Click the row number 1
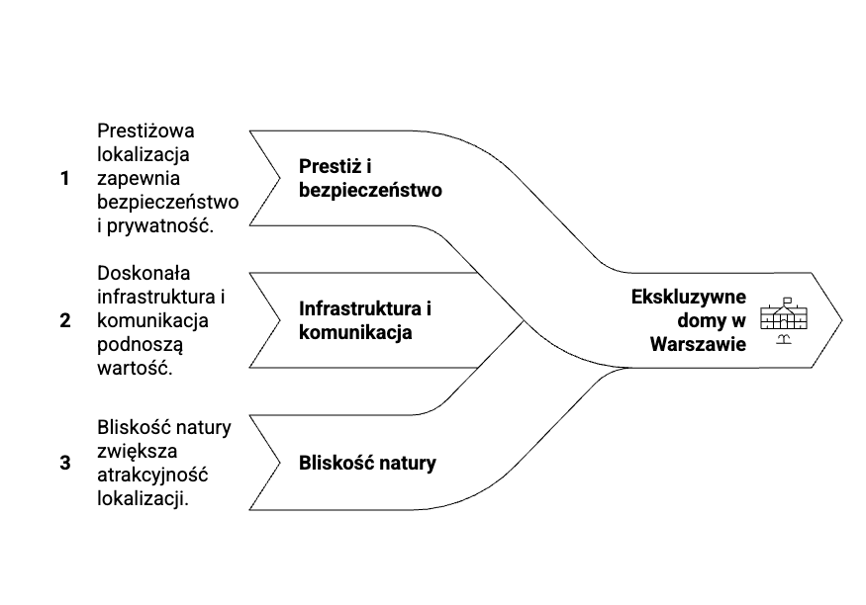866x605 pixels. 65,179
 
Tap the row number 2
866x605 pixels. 65,320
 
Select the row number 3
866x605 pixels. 65,462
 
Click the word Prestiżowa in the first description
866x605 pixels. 146,131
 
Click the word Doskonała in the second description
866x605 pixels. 144,273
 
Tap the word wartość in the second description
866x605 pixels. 135,367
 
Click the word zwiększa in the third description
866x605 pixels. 138,451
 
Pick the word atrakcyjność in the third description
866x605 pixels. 151,475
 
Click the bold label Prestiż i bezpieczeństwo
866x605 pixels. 369,177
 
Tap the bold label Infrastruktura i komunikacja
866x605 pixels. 365,319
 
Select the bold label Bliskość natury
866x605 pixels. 367,462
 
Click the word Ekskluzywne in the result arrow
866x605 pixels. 688,297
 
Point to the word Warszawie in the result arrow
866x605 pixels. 698,343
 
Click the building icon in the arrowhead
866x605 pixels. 784,317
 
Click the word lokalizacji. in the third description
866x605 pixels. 144,498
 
